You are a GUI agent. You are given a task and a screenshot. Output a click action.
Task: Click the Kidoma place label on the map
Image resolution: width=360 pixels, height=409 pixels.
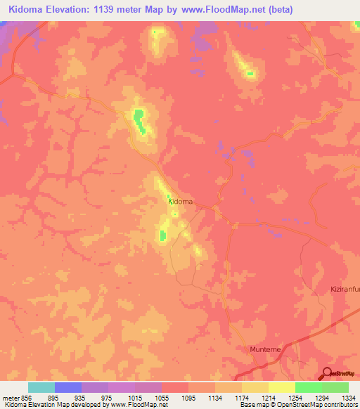tap(181, 202)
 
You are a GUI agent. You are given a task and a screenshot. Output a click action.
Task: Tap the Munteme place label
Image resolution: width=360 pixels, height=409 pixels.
tap(265, 349)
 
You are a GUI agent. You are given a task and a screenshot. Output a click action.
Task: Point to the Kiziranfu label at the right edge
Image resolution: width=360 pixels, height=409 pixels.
tap(345, 290)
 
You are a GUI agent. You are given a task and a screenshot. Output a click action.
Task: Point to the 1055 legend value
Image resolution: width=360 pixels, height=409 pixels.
tap(161, 397)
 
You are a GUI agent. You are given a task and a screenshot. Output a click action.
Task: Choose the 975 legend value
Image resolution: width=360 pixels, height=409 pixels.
tap(108, 397)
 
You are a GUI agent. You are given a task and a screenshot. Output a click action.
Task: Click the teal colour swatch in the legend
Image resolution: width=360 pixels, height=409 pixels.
tap(41, 387)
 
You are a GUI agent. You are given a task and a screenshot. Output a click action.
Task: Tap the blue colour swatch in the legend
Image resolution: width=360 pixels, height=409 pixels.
tap(67, 387)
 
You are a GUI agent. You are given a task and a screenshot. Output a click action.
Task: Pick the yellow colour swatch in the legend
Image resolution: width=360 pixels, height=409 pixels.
tap(282, 387)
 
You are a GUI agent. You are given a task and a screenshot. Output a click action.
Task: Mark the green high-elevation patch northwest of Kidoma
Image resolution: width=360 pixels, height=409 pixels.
tap(139, 116)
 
